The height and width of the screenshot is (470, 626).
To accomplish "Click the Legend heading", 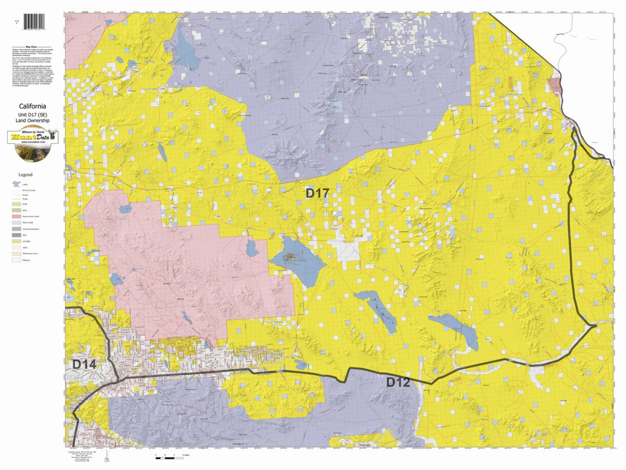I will click(x=25, y=174).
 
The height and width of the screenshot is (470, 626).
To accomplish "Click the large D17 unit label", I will click(x=317, y=193).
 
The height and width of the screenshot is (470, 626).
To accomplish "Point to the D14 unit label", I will click(x=83, y=365).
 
